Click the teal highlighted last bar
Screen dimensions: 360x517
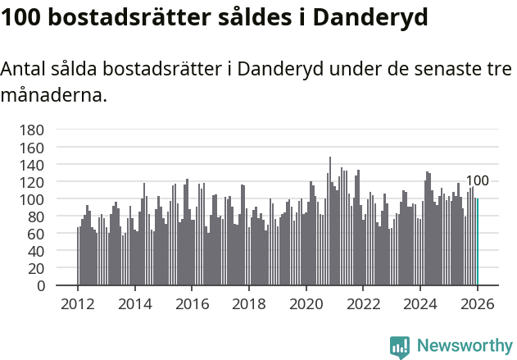pyautogui.click(x=477, y=242)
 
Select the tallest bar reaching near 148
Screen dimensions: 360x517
pyautogui.click(x=330, y=221)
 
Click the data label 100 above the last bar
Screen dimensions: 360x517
pyautogui.click(x=477, y=181)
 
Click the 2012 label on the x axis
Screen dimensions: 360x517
pyautogui.click(x=78, y=303)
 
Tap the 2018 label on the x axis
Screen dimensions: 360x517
pyautogui.click(x=249, y=303)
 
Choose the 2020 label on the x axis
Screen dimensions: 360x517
pyautogui.click(x=306, y=303)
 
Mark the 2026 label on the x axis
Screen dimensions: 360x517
pyautogui.click(x=477, y=303)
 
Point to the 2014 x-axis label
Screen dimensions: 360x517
pyautogui.click(x=135, y=303)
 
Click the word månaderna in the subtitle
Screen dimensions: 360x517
pyautogui.click(x=52, y=95)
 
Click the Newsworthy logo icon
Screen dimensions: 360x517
pyautogui.click(x=400, y=347)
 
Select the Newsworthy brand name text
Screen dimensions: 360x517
pyautogui.click(x=465, y=347)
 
